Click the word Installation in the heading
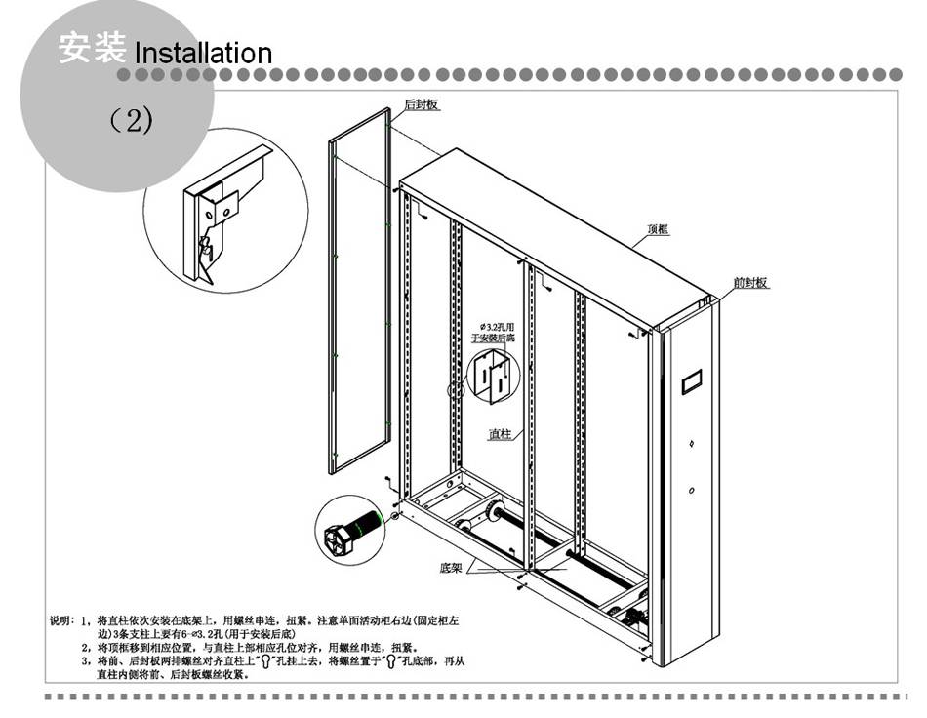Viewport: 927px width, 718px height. (x=203, y=52)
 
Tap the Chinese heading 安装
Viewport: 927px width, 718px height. (x=92, y=47)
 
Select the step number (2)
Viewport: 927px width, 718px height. (x=131, y=121)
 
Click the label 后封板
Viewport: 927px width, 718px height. (x=422, y=104)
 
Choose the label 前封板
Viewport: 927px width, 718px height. (x=750, y=283)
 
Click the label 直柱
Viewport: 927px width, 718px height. (x=500, y=433)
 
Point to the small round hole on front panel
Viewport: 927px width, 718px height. (x=691, y=490)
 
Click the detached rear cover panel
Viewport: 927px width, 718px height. (x=358, y=293)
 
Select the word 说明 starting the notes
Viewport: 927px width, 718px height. (x=60, y=619)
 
